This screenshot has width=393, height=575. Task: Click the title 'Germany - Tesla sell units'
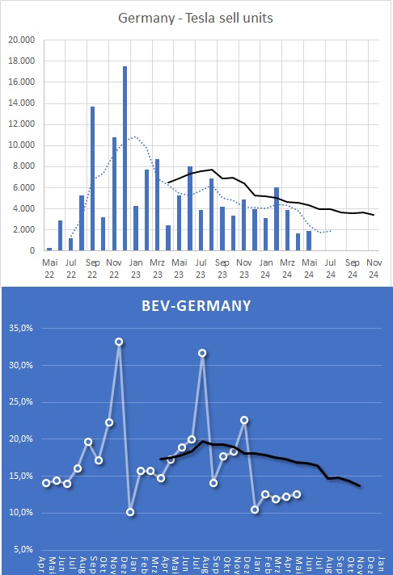tap(196, 17)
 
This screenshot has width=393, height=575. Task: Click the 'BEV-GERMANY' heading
tap(196, 307)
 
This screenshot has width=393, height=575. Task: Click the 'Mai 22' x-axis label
tap(49, 267)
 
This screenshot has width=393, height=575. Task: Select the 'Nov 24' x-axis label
tap(374, 267)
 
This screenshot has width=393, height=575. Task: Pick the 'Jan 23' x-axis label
tap(136, 267)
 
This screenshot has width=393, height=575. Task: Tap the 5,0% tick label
tap(21, 550)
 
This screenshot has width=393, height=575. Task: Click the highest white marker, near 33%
tap(119, 342)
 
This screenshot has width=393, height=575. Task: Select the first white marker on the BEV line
tap(47, 483)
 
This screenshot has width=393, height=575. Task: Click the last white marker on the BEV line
tap(297, 494)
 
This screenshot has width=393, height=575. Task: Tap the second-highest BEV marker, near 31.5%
tap(202, 353)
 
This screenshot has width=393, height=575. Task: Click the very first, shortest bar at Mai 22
tap(49, 249)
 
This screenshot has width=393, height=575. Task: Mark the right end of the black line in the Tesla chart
tap(373, 215)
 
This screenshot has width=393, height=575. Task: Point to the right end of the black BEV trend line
tap(360, 485)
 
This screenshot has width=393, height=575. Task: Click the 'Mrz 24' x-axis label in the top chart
tap(287, 267)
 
